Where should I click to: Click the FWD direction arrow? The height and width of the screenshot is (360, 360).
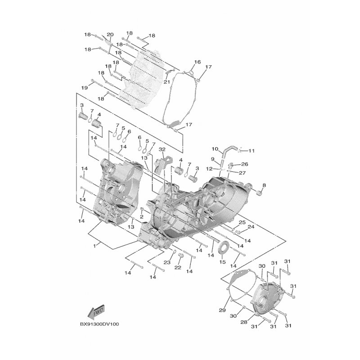click(x=96, y=312)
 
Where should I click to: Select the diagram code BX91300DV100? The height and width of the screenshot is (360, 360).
click(x=99, y=324)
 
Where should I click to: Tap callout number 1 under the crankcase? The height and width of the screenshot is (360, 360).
click(x=94, y=246)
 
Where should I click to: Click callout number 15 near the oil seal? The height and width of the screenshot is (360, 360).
click(x=223, y=262)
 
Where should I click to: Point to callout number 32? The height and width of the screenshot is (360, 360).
click(x=162, y=149)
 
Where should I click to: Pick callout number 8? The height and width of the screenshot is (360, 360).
click(x=264, y=185)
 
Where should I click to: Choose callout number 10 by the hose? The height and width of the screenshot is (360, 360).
click(x=215, y=149)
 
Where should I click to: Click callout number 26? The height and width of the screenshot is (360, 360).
click(x=245, y=164)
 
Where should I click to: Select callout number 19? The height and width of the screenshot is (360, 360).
click(x=85, y=88)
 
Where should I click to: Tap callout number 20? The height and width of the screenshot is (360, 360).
click(x=110, y=35)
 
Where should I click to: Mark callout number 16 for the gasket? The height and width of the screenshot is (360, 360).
click(x=198, y=62)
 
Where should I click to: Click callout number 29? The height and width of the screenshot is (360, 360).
click(x=222, y=310)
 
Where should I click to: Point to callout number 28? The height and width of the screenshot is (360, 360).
click(x=244, y=322)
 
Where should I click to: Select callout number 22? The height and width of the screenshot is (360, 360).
click(x=178, y=267)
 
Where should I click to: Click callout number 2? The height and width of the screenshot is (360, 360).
click(x=142, y=216)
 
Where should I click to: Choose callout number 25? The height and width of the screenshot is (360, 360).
click(x=242, y=222)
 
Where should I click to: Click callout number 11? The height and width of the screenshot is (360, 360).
click(x=252, y=151)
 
